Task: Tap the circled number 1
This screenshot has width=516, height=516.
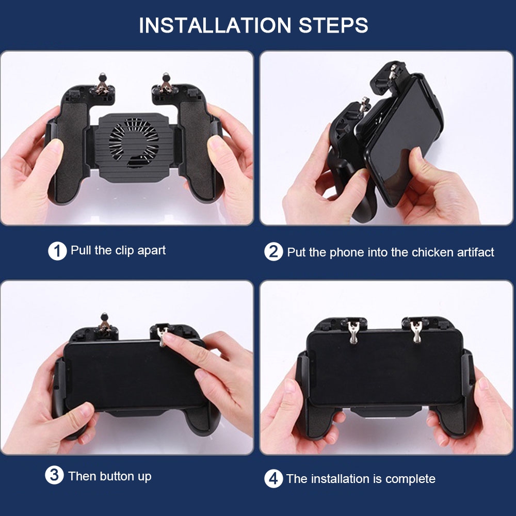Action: [x=57, y=251]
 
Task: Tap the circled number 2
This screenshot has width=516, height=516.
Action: [x=273, y=252]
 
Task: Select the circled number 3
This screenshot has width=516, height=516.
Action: [x=54, y=475]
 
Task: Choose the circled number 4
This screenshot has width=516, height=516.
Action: [x=273, y=479]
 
